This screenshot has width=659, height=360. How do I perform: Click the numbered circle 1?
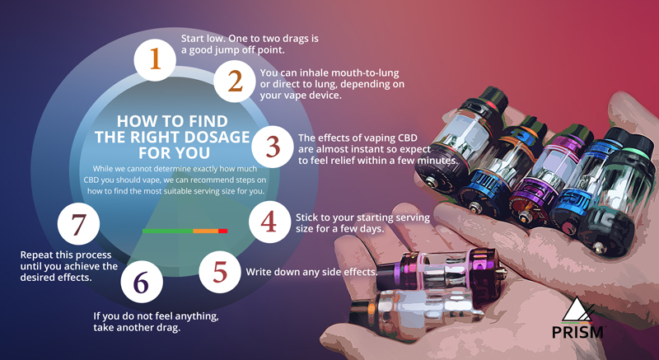click(x=155, y=60)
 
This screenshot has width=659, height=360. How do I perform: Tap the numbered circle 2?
click(x=235, y=81)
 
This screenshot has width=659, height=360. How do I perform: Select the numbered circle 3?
click(x=273, y=147)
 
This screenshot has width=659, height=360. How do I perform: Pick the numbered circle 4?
click(x=269, y=222)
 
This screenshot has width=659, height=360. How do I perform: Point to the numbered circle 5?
click(x=220, y=272)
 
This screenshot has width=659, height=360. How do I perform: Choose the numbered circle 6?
click(x=142, y=282)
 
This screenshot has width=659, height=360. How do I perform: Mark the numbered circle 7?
click(x=78, y=224)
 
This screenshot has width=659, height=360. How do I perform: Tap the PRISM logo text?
click(x=577, y=332)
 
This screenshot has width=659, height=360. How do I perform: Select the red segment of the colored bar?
click(x=222, y=231)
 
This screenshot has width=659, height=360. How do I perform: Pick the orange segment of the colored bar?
click(x=205, y=231)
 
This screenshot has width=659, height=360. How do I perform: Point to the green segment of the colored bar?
click(x=168, y=231)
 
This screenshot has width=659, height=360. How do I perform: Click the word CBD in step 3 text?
click(x=407, y=138)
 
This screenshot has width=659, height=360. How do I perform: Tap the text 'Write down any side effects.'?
click(x=311, y=272)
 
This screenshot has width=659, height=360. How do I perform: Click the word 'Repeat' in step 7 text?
click(x=36, y=255)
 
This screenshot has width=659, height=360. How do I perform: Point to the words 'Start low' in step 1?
click(x=199, y=39)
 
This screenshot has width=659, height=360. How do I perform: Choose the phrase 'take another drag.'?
click(x=137, y=328)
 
